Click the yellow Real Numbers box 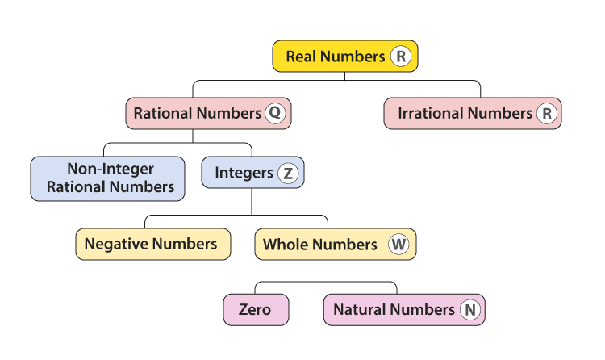[x=345, y=57]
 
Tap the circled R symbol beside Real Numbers [x=400, y=57]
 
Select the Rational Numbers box [x=208, y=113]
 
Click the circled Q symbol [x=274, y=113]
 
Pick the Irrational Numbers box [x=472, y=113]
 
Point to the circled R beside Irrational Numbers [x=547, y=114]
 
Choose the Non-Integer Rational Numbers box [x=111, y=178]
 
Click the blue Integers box [x=252, y=173]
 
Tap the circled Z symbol [x=287, y=173]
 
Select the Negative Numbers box [x=152, y=244]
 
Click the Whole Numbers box [x=335, y=244]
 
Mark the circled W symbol [x=398, y=244]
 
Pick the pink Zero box [x=255, y=309]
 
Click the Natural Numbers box [x=403, y=309]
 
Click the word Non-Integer [x=111, y=170]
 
